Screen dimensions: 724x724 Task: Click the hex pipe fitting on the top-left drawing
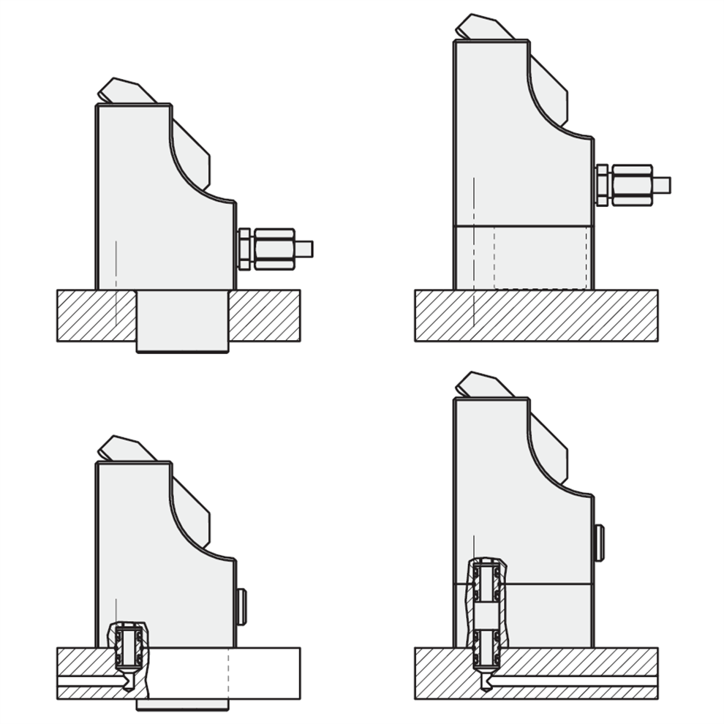[x=267, y=249]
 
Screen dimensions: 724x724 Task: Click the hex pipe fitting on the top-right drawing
[x=625, y=184]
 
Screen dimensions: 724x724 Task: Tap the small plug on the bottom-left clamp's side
[x=242, y=606]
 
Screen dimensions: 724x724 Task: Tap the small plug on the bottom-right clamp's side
[x=600, y=543]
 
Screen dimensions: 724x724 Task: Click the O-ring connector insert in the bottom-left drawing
[x=128, y=647]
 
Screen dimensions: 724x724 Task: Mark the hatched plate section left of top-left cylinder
[x=95, y=315]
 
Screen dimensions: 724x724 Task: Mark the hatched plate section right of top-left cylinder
[x=264, y=315]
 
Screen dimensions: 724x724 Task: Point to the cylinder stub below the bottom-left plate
[x=182, y=704]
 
